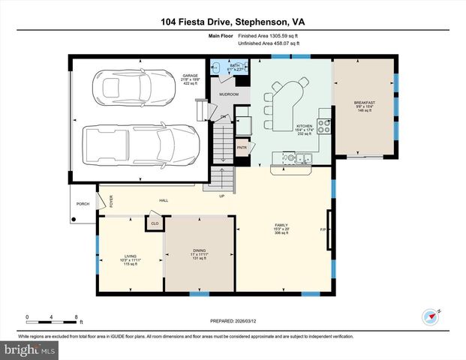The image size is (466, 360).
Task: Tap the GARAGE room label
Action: click(189, 76)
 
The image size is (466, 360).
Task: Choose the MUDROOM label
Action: click(228, 94)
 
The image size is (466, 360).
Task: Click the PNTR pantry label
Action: click(242, 148)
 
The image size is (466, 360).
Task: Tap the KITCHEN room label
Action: click(304, 126)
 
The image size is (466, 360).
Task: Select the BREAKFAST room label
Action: click(364, 102)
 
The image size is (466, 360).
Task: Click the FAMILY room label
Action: click(280, 225)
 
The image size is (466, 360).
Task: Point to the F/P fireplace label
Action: click(323, 229)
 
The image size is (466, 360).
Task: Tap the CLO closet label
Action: click(155, 223)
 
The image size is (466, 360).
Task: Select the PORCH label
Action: click(82, 204)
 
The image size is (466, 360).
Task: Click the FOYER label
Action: click(110, 201)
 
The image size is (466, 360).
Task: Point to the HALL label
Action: click(163, 200)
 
